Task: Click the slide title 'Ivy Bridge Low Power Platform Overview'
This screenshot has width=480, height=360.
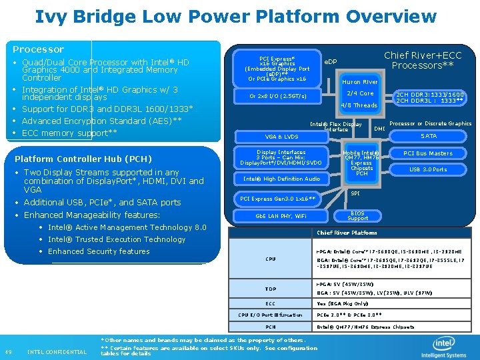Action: (236, 16)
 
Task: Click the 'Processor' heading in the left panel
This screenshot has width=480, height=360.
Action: (39, 49)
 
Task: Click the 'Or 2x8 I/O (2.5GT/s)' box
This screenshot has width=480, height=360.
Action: (278, 96)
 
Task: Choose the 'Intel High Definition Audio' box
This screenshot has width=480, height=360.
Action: (281, 179)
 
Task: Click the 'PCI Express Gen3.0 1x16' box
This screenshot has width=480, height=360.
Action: (277, 199)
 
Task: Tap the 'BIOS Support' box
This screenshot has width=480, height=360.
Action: (357, 215)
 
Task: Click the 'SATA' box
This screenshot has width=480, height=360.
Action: (429, 136)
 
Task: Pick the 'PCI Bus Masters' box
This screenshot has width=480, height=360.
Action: (428, 153)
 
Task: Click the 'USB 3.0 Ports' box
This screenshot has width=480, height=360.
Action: (428, 169)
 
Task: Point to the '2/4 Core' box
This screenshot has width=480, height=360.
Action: (361, 93)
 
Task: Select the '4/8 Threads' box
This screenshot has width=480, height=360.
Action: (359, 105)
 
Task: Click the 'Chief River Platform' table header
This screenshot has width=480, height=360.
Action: (347, 233)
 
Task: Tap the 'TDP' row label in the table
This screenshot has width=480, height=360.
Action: (271, 289)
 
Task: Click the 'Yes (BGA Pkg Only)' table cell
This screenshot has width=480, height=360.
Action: (342, 303)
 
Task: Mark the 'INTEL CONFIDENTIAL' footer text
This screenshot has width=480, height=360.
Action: (57, 352)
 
